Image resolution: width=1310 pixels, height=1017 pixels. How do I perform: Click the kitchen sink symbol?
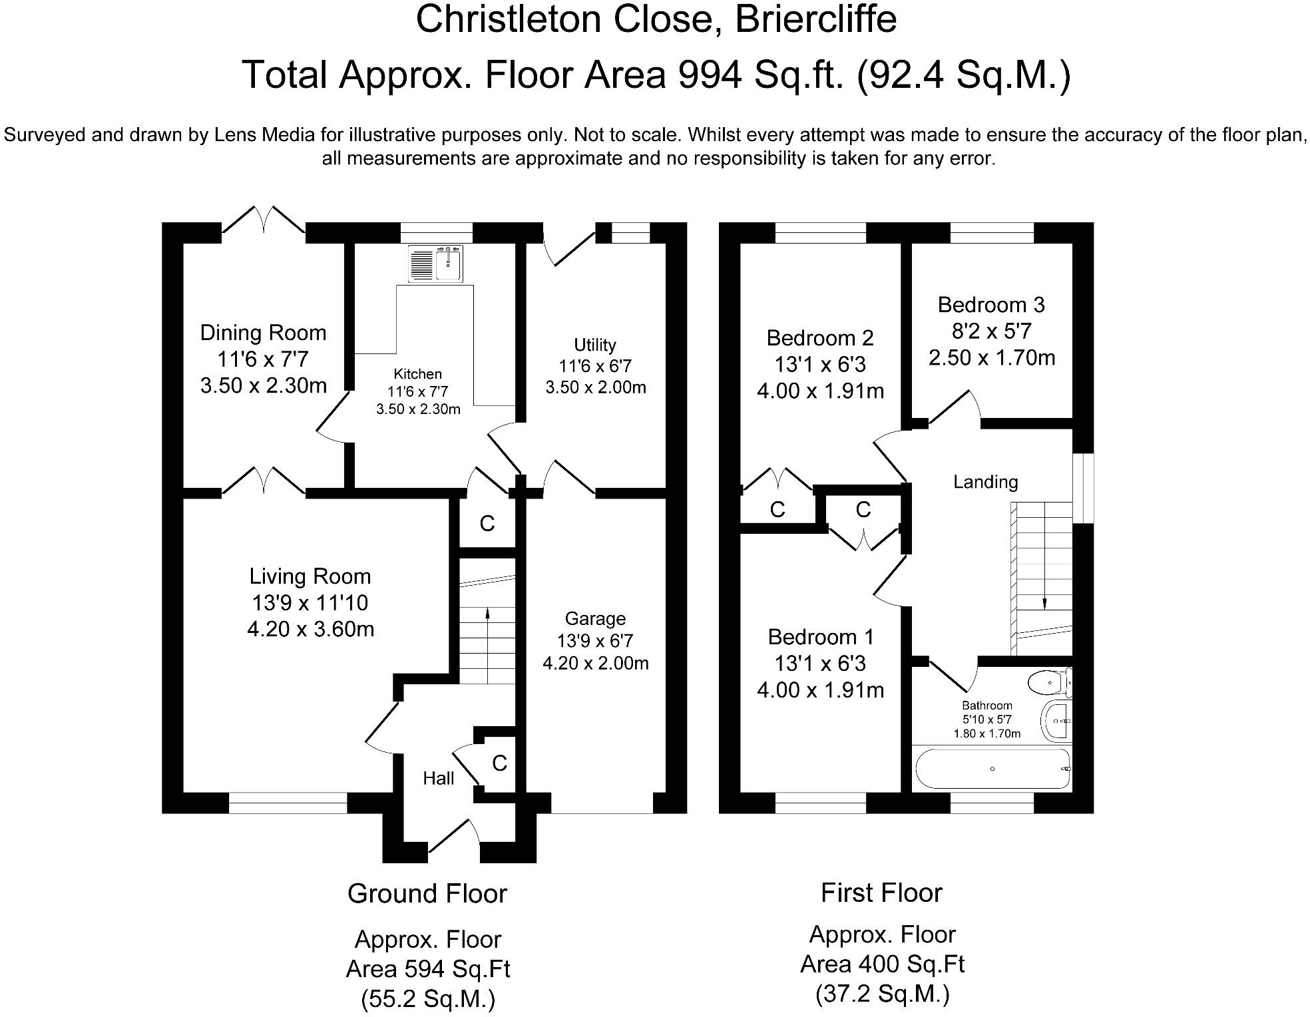click(437, 264)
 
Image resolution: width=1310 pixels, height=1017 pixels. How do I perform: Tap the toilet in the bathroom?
click(1050, 682)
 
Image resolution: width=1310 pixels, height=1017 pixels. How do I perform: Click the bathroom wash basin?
click(1056, 720)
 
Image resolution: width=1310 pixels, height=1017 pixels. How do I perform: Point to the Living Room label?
click(310, 576)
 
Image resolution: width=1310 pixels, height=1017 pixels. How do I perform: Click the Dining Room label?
click(264, 333)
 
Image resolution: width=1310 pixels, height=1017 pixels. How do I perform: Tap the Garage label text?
click(595, 619)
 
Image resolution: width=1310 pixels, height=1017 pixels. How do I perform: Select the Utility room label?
click(595, 345)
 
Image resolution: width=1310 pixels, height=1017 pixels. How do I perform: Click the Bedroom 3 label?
click(991, 305)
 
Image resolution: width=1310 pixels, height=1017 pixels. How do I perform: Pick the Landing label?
click(986, 482)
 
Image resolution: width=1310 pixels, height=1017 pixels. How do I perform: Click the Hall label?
click(439, 778)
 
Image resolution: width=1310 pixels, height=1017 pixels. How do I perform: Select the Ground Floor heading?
click(427, 894)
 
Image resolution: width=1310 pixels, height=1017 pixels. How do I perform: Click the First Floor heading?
click(881, 893)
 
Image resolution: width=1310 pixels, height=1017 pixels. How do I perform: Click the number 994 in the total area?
click(710, 75)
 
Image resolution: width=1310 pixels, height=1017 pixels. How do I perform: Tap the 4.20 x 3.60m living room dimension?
click(310, 629)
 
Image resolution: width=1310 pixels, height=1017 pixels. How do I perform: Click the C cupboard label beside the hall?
click(499, 763)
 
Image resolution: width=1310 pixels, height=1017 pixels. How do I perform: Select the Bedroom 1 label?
click(821, 637)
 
